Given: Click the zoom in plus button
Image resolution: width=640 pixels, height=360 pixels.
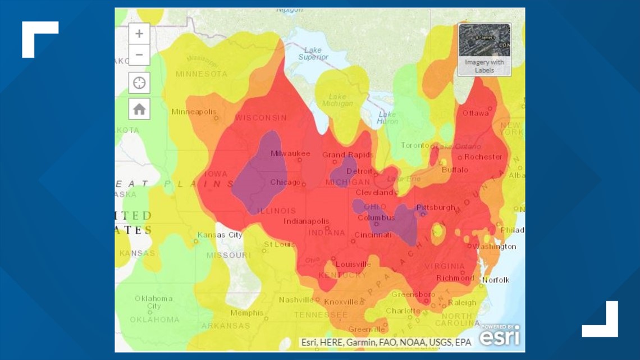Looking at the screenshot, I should tap(139, 34).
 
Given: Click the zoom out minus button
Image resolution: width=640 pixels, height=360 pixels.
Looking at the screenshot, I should tap(139, 55).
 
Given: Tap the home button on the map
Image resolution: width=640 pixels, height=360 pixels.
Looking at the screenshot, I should tap(139, 109).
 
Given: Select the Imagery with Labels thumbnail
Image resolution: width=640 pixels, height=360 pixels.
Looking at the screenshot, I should tap(484, 49).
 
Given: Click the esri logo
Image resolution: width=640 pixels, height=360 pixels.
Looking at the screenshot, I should tap(500, 336).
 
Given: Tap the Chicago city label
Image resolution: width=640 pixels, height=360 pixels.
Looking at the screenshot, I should tap(286, 182).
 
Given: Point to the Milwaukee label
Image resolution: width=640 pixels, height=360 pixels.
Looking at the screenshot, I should tap(290, 153).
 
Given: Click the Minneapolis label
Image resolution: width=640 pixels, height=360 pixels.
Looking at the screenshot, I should tap(194, 112).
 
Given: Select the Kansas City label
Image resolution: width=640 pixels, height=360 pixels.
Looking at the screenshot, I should tap(220, 235).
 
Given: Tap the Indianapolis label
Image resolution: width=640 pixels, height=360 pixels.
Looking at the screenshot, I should tap(306, 221).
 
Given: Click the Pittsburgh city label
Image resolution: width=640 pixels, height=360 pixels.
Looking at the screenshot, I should tap(436, 207).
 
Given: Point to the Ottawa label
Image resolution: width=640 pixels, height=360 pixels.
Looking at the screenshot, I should tap(476, 113).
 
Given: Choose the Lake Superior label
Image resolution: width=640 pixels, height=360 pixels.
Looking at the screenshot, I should tap(313, 54).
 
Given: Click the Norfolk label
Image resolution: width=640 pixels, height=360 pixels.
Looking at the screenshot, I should tap(496, 280).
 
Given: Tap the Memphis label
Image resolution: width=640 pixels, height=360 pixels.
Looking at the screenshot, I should tap(246, 313).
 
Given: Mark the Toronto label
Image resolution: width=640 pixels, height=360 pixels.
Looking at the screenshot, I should tap(415, 145).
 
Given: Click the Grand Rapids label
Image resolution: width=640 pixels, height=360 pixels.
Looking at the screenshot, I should tap(347, 154).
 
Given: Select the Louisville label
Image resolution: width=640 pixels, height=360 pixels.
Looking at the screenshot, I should tap(353, 264).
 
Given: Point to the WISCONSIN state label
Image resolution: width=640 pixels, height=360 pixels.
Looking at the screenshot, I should tap(260, 118).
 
